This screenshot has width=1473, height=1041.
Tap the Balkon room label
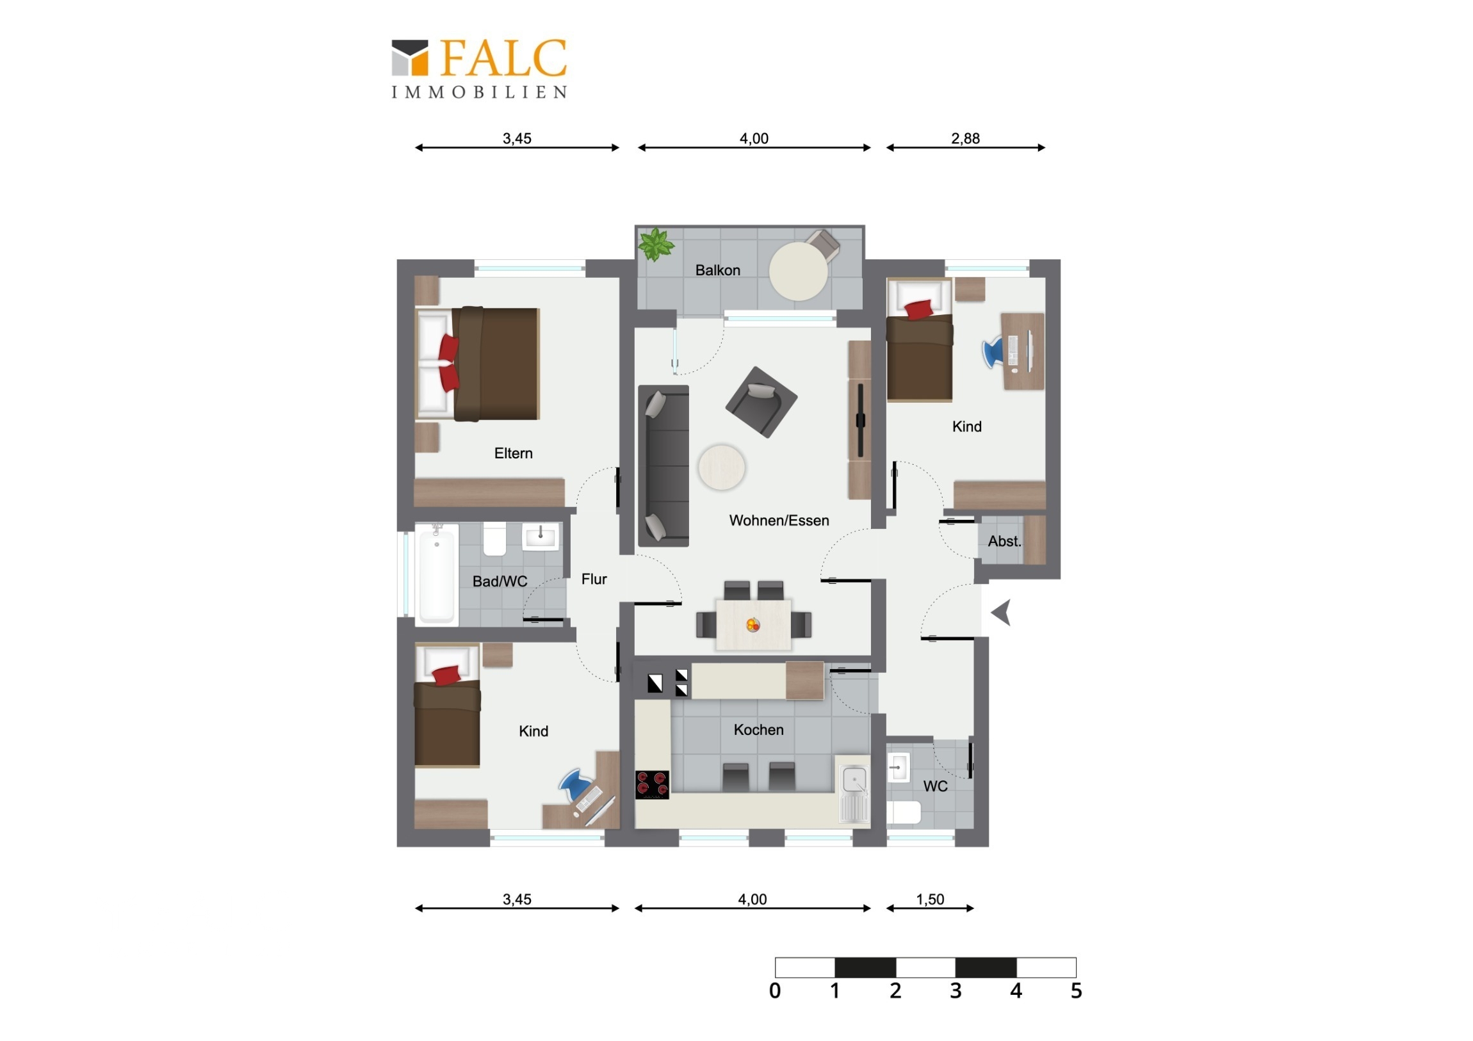717,270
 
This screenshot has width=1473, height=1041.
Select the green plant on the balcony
655,245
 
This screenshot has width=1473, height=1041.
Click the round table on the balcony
798,271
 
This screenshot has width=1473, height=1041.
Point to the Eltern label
513,453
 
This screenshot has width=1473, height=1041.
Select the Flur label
594,579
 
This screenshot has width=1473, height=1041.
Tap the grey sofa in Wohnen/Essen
663,465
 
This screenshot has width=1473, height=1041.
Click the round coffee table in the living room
722,467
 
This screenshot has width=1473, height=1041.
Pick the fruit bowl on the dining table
753,624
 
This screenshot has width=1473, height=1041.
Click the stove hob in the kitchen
652,784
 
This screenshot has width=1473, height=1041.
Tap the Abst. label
1004,542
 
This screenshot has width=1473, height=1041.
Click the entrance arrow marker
1002,613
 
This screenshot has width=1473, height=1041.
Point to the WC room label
935,786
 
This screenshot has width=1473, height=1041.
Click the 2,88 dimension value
965,138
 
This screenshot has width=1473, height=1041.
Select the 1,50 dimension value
930,900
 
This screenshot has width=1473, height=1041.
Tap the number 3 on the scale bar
956,991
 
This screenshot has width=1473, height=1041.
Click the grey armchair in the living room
761,401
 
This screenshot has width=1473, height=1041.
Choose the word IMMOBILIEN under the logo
479,93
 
